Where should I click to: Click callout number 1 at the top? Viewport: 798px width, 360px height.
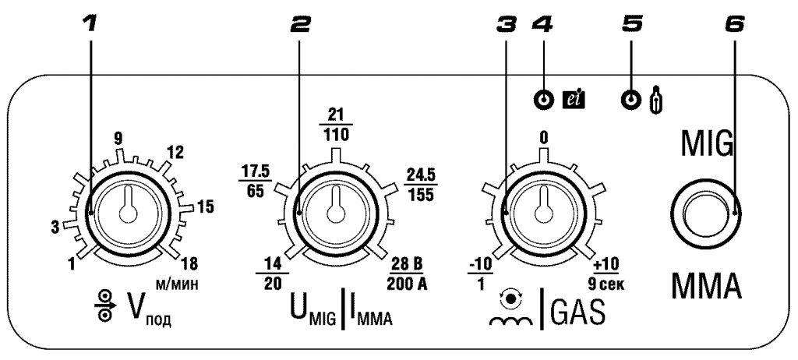(90, 25)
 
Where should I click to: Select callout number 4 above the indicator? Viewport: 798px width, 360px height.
(543, 25)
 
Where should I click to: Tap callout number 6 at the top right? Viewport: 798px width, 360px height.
(733, 25)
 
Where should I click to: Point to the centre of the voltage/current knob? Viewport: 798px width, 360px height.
(334, 213)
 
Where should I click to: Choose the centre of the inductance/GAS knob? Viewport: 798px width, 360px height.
(543, 213)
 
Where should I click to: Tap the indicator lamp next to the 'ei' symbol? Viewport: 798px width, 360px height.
(543, 99)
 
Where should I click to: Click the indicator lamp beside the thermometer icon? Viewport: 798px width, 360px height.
(631, 99)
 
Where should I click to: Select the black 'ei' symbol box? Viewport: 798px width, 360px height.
(573, 99)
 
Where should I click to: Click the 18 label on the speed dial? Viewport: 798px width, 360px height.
(188, 263)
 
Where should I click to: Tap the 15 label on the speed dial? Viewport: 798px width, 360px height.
(205, 206)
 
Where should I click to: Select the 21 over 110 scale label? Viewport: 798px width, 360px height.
(335, 124)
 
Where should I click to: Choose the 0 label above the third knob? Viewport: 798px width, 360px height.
(543, 137)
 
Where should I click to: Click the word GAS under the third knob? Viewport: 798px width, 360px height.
(579, 312)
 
